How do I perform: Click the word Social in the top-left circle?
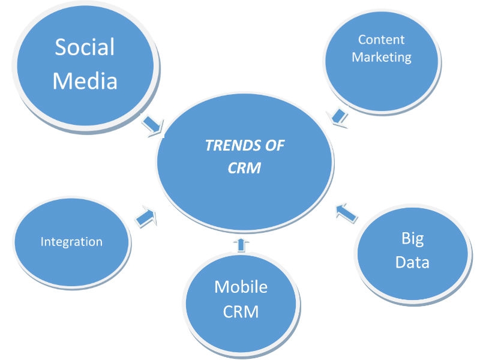pyautogui.click(x=85, y=47)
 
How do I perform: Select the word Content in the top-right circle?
pyautogui.click(x=382, y=40)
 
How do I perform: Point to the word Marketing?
pyautogui.click(x=382, y=58)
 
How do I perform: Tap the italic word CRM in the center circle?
pyautogui.click(x=245, y=168)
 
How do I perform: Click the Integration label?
pyautogui.click(x=71, y=242)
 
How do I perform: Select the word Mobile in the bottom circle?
pyautogui.click(x=241, y=287)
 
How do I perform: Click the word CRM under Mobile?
pyautogui.click(x=241, y=312)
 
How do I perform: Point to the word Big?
pyautogui.click(x=412, y=239)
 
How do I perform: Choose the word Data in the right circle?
pyautogui.click(x=412, y=263)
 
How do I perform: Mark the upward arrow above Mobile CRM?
pyautogui.click(x=241, y=243)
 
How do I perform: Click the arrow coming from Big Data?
pyautogui.click(x=345, y=211)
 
